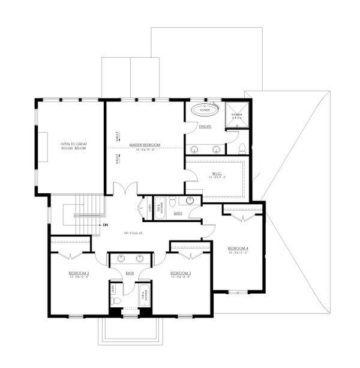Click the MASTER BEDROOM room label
145,145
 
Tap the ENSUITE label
205,127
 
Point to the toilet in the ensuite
242,148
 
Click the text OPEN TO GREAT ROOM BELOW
73,147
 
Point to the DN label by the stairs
105,225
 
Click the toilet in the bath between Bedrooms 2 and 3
118,301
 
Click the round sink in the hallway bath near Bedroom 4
191,201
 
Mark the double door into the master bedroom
125,190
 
